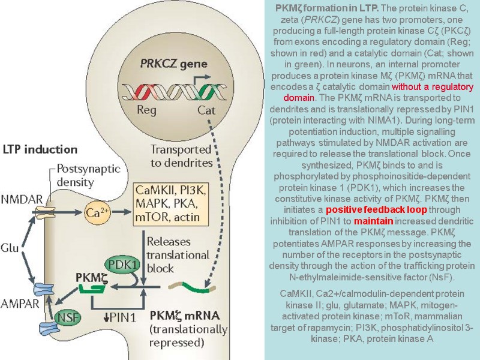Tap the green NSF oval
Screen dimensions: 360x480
67,318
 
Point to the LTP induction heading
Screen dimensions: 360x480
40,149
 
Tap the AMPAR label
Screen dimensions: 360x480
19,303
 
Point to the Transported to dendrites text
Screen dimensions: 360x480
180,155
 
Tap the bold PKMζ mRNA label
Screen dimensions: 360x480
185,315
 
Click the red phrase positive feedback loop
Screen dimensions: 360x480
376,210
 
